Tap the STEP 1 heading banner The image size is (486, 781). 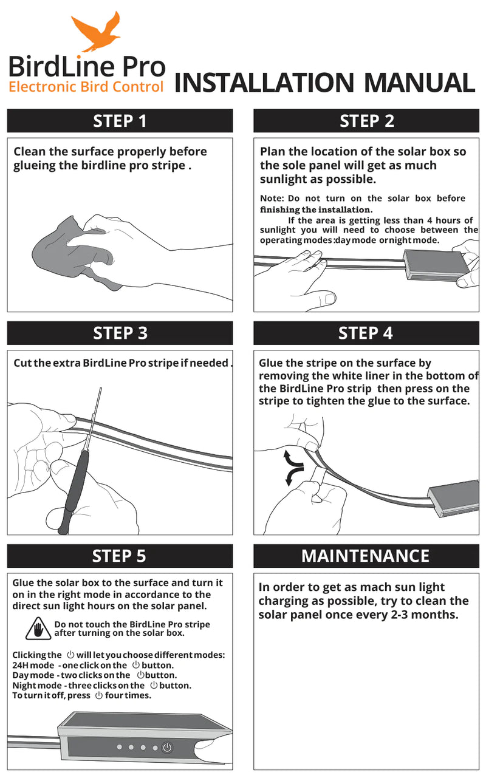120,121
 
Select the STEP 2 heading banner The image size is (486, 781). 366,121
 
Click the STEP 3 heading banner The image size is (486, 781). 120,333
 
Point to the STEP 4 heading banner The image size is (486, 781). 366,333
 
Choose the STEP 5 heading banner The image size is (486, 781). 120,556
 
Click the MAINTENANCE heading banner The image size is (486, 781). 366,556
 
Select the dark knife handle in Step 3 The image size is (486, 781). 74,491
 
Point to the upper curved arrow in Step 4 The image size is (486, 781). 293,459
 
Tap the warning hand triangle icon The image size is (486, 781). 38,629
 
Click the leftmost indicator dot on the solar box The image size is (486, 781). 119,747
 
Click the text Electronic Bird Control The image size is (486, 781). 86,87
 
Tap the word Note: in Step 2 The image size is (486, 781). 272,199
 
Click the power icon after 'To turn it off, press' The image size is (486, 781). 99,695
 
